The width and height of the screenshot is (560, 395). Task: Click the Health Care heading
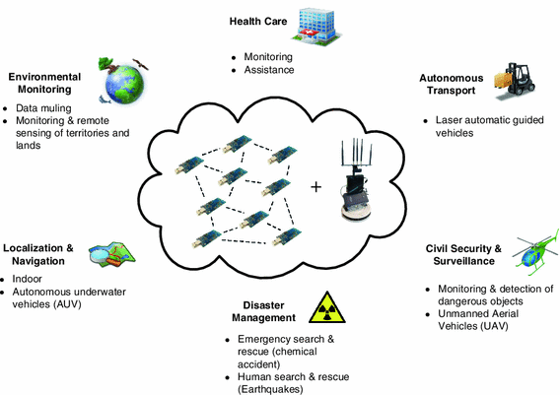pyautogui.click(x=259, y=21)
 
